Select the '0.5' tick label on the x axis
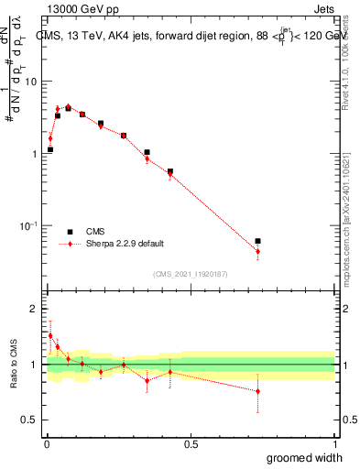click(191, 444)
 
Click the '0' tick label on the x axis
click(46, 444)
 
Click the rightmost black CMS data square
click(257, 241)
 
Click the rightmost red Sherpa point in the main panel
click(257, 251)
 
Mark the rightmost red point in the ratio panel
click(257, 391)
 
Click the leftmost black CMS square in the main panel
click(50, 149)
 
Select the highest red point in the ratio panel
click(50, 335)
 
